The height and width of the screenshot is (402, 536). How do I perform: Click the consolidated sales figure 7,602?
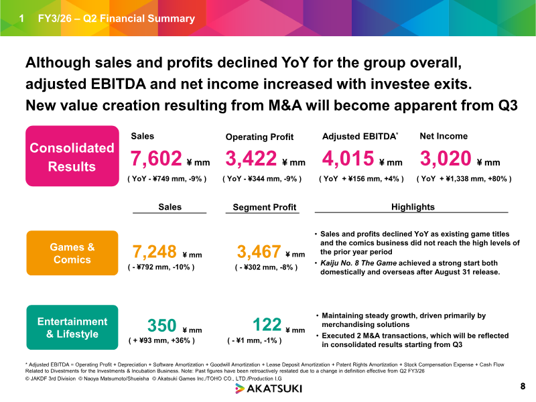[x=157, y=159]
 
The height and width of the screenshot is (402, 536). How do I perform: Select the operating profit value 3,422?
[x=251, y=159]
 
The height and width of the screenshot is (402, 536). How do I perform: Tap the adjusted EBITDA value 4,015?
[x=348, y=159]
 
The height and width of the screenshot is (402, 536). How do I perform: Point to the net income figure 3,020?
[x=445, y=159]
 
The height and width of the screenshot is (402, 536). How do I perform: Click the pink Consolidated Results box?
[x=72, y=156]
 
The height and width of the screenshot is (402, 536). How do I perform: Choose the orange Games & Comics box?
[x=72, y=253]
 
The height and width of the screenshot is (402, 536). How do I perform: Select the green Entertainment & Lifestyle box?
[x=72, y=328]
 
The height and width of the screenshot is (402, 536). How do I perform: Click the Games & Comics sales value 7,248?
[x=155, y=252]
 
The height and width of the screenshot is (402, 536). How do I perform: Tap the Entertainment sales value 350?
[x=161, y=326]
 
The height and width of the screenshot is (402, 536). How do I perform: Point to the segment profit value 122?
[x=267, y=326]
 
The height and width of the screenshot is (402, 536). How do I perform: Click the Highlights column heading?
[x=413, y=207]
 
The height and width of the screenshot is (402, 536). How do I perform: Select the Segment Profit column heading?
[x=265, y=208]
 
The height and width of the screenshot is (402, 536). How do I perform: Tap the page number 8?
[x=523, y=387]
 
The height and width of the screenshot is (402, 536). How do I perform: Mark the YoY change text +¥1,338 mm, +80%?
[x=464, y=179]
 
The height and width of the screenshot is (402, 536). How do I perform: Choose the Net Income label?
[x=443, y=136]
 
